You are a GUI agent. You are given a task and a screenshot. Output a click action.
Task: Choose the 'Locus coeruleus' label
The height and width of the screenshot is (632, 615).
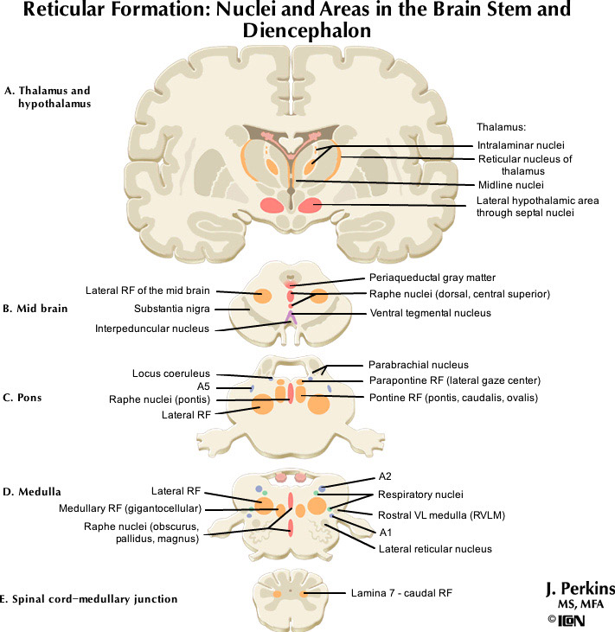point(171,373)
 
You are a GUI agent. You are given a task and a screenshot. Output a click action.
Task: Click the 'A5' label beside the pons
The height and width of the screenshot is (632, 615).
point(204,386)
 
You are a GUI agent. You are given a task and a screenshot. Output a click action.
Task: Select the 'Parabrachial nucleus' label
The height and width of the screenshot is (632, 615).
point(418,365)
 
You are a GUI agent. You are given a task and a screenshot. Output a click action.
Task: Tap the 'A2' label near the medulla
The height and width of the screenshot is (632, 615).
point(386,476)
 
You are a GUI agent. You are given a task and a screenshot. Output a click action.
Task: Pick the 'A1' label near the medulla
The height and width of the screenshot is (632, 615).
point(386,532)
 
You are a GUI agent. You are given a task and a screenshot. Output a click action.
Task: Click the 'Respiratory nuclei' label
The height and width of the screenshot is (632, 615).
point(420,495)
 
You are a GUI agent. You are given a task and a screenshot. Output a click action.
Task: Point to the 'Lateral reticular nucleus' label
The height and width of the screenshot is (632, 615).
point(436,549)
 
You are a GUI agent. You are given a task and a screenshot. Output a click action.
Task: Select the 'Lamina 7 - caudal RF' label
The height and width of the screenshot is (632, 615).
point(401,594)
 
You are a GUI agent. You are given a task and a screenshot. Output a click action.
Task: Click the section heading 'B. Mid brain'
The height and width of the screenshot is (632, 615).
point(35,309)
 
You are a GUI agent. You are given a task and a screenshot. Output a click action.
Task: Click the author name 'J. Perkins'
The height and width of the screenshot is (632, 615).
point(580,589)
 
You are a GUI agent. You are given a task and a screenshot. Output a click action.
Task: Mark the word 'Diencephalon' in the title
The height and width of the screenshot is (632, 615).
point(307,30)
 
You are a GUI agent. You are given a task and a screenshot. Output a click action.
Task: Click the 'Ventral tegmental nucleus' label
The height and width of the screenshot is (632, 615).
point(430,312)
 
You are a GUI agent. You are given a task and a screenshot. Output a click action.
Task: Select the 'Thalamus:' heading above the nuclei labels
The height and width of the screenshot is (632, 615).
point(502,126)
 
